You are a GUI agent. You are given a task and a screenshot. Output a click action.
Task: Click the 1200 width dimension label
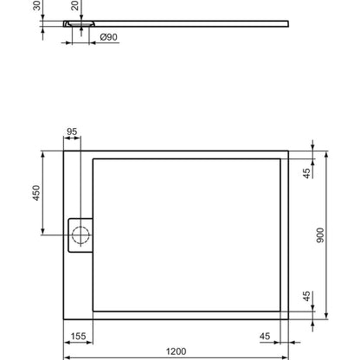click(176, 351)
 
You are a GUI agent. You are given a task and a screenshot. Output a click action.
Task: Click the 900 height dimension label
click(320, 235)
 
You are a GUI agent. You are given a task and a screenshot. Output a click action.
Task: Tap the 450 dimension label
click(36, 193)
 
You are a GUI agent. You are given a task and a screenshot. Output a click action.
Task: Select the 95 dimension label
click(72, 132)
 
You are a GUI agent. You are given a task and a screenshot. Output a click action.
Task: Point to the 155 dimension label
click(78, 336)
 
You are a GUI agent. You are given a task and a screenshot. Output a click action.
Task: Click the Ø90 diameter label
click(109, 37)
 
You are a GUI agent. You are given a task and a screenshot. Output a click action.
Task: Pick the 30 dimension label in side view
click(37, 5)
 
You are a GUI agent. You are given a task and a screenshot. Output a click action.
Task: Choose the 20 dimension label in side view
click(74, 5)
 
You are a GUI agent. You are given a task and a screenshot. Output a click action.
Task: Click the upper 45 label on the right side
click(307, 173)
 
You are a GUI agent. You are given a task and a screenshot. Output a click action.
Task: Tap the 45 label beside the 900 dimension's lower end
click(307, 296)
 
